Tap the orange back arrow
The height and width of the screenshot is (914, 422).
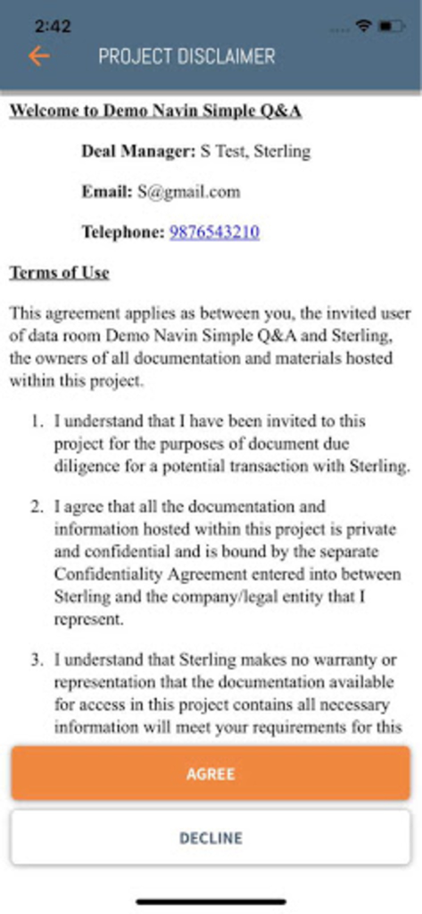pyautogui.click(x=38, y=56)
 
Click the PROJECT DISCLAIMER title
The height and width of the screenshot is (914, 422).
pyautogui.click(x=186, y=56)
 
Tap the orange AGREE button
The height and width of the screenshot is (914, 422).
pyautogui.click(x=211, y=774)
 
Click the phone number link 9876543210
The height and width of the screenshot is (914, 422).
pyautogui.click(x=214, y=232)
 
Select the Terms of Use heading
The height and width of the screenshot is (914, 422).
pyautogui.click(x=59, y=273)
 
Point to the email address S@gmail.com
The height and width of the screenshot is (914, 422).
pyautogui.click(x=188, y=192)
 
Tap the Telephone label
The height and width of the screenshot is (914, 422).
pyautogui.click(x=123, y=232)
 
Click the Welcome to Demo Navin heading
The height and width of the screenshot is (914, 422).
pyautogui.click(x=155, y=112)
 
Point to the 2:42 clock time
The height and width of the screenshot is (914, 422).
pyautogui.click(x=53, y=27)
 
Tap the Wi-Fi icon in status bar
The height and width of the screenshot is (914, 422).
pyautogui.click(x=363, y=27)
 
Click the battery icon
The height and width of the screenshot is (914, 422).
pyautogui.click(x=392, y=27)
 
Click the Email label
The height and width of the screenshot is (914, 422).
pyautogui.click(x=106, y=192)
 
